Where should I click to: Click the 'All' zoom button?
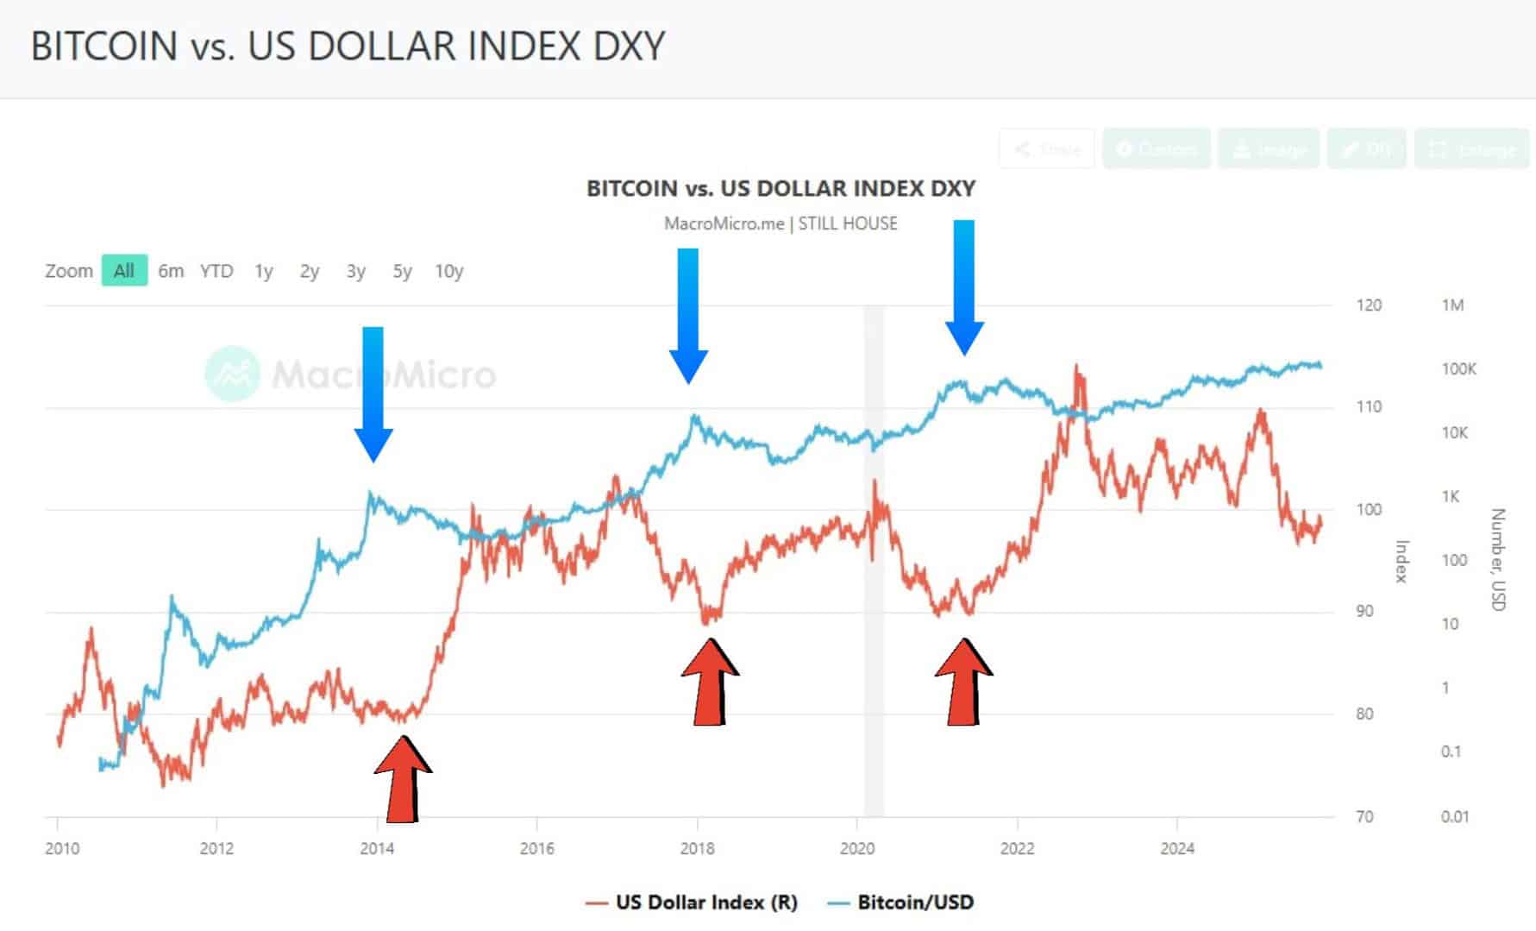[124, 271]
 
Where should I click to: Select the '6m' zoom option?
[171, 271]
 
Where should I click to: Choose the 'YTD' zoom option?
[216, 271]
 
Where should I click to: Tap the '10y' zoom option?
[448, 271]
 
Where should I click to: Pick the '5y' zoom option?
[402, 271]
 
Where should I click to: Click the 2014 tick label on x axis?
[377, 848]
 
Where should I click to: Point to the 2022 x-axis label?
[1017, 848]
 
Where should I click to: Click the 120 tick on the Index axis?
[1369, 305]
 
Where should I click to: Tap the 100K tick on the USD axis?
[1459, 369]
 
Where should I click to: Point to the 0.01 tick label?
[1454, 816]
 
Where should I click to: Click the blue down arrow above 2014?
[373, 393]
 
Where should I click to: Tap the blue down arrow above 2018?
[688, 315]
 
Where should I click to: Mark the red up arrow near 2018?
[710, 682]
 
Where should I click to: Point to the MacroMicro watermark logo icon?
[232, 374]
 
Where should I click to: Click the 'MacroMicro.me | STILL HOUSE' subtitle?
[781, 223]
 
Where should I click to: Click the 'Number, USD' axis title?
[1498, 559]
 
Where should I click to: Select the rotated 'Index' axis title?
[1402, 561]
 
